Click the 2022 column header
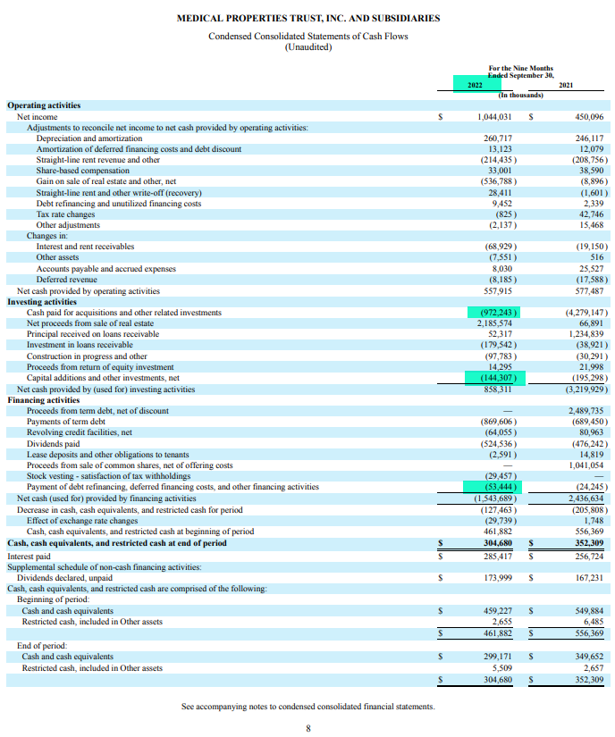tap(475, 85)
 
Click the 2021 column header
tap(565, 85)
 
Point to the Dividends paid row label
tap(53, 443)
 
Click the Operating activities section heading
tap(44, 106)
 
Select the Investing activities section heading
tap(43, 302)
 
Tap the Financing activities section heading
tap(44, 400)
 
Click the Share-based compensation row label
tap(82, 171)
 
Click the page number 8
tap(307, 728)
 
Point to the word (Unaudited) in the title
tap(307, 47)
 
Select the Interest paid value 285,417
tap(494, 556)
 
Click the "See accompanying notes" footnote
tap(307, 706)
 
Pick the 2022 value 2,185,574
tap(494, 323)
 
